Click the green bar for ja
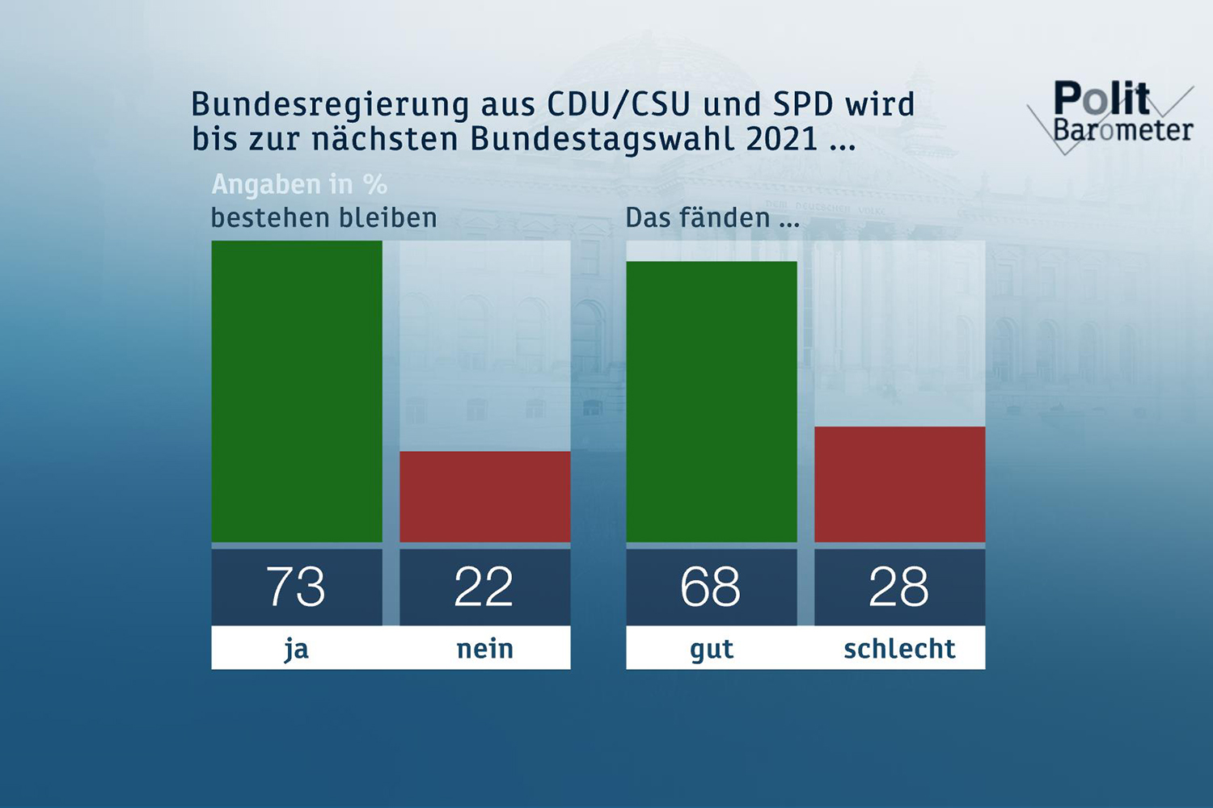(x=297, y=391)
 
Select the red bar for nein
(x=485, y=496)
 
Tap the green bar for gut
(x=712, y=402)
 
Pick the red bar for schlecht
(x=899, y=484)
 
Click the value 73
(x=296, y=587)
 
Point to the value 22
(x=484, y=587)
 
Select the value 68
(x=711, y=587)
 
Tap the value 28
(x=899, y=587)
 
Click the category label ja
(x=297, y=649)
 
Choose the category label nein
(x=485, y=649)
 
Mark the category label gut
(x=712, y=649)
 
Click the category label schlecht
(x=899, y=649)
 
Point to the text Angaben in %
(x=299, y=185)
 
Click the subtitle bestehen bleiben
(x=323, y=218)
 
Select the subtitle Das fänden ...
(x=712, y=218)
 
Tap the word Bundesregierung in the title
(x=330, y=105)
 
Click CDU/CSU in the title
(x=619, y=104)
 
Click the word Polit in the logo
(x=1101, y=99)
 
